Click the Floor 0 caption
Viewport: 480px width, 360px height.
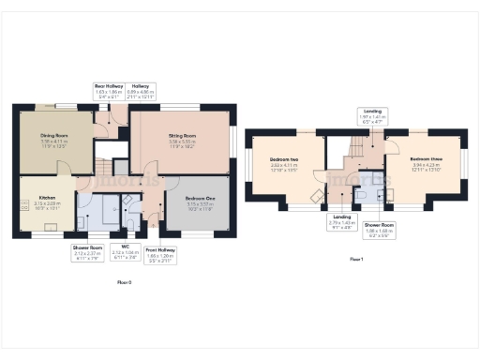coord(125,281)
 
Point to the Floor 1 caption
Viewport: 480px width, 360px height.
coord(356,258)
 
